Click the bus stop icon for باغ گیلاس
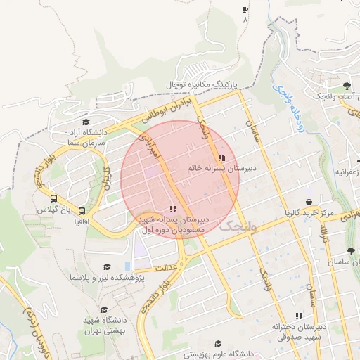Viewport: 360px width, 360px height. tap(54, 199)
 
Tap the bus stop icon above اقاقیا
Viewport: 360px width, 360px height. tap(82, 210)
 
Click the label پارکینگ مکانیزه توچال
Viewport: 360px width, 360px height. tap(201, 84)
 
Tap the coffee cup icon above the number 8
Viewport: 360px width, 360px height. tap(245, 10)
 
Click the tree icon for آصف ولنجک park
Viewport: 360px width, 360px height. tap(346, 85)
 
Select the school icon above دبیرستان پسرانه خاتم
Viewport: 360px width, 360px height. tap(221, 158)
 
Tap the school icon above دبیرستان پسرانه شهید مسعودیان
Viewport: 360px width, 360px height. tap(173, 209)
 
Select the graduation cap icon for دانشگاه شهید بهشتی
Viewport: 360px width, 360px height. tap(104, 309)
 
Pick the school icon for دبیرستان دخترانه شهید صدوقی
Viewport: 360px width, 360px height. tap(299, 316)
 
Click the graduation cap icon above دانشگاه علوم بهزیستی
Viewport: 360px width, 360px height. tap(218, 343)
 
